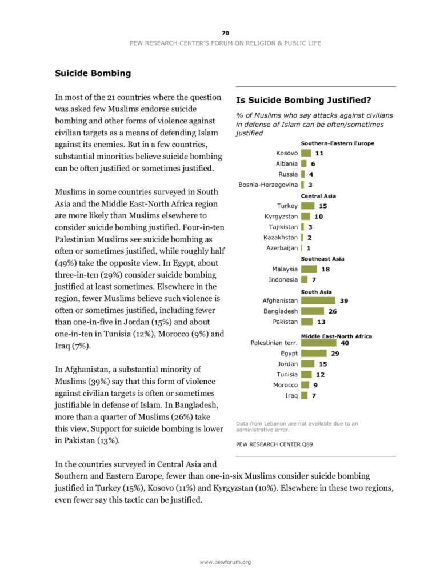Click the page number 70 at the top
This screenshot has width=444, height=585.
point(225,33)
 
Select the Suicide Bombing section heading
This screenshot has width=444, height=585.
point(93,73)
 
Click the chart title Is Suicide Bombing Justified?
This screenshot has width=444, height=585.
point(303,100)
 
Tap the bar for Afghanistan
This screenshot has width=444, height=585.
point(318,300)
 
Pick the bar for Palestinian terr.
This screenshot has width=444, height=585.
point(318,343)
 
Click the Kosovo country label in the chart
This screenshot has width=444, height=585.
point(287,153)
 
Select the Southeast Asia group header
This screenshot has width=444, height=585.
point(322,259)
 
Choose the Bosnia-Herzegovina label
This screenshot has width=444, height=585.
point(268,185)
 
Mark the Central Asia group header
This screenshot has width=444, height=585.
point(318,196)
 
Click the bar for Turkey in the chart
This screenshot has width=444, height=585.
point(307,206)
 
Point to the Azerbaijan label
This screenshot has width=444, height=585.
point(282,248)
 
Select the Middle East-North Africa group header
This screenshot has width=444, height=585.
point(336,336)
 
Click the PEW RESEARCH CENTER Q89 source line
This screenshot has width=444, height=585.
point(275,443)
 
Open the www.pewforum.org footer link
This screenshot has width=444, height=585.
point(225,562)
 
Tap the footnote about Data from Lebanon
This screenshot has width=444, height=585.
point(297,426)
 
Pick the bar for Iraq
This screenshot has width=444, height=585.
point(304,395)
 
